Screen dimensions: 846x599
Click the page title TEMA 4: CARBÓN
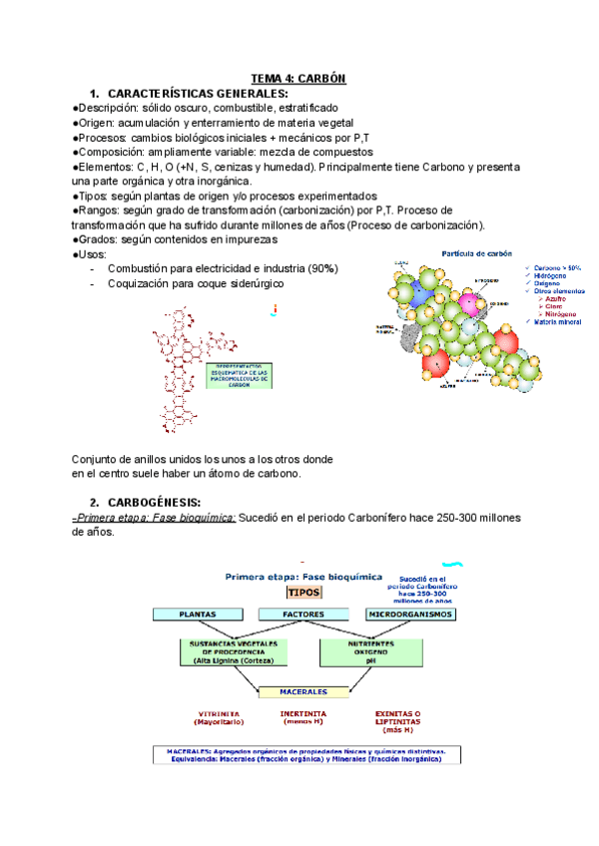(x=298, y=79)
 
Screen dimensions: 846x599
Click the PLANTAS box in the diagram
(x=198, y=615)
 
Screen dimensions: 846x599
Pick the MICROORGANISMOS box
(x=409, y=615)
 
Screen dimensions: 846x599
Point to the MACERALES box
(x=304, y=690)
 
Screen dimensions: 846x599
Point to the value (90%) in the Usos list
(x=322, y=269)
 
